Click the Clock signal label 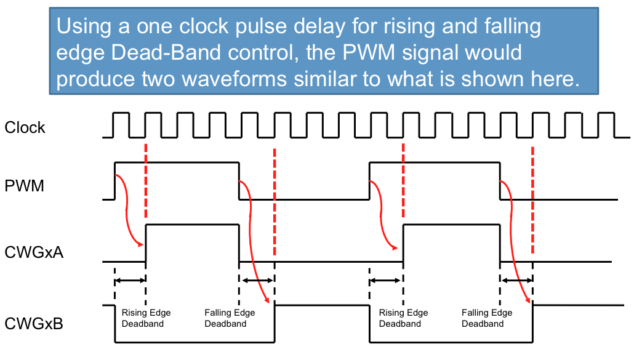click(x=25, y=127)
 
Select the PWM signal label click(x=24, y=185)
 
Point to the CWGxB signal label click(x=33, y=323)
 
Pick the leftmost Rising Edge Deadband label click(x=146, y=318)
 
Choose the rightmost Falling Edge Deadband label click(x=487, y=318)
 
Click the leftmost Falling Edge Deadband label click(x=230, y=318)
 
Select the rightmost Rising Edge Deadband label click(x=403, y=318)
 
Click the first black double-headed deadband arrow click(x=130, y=281)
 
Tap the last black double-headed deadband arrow click(x=516, y=281)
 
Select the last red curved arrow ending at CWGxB click(x=517, y=246)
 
